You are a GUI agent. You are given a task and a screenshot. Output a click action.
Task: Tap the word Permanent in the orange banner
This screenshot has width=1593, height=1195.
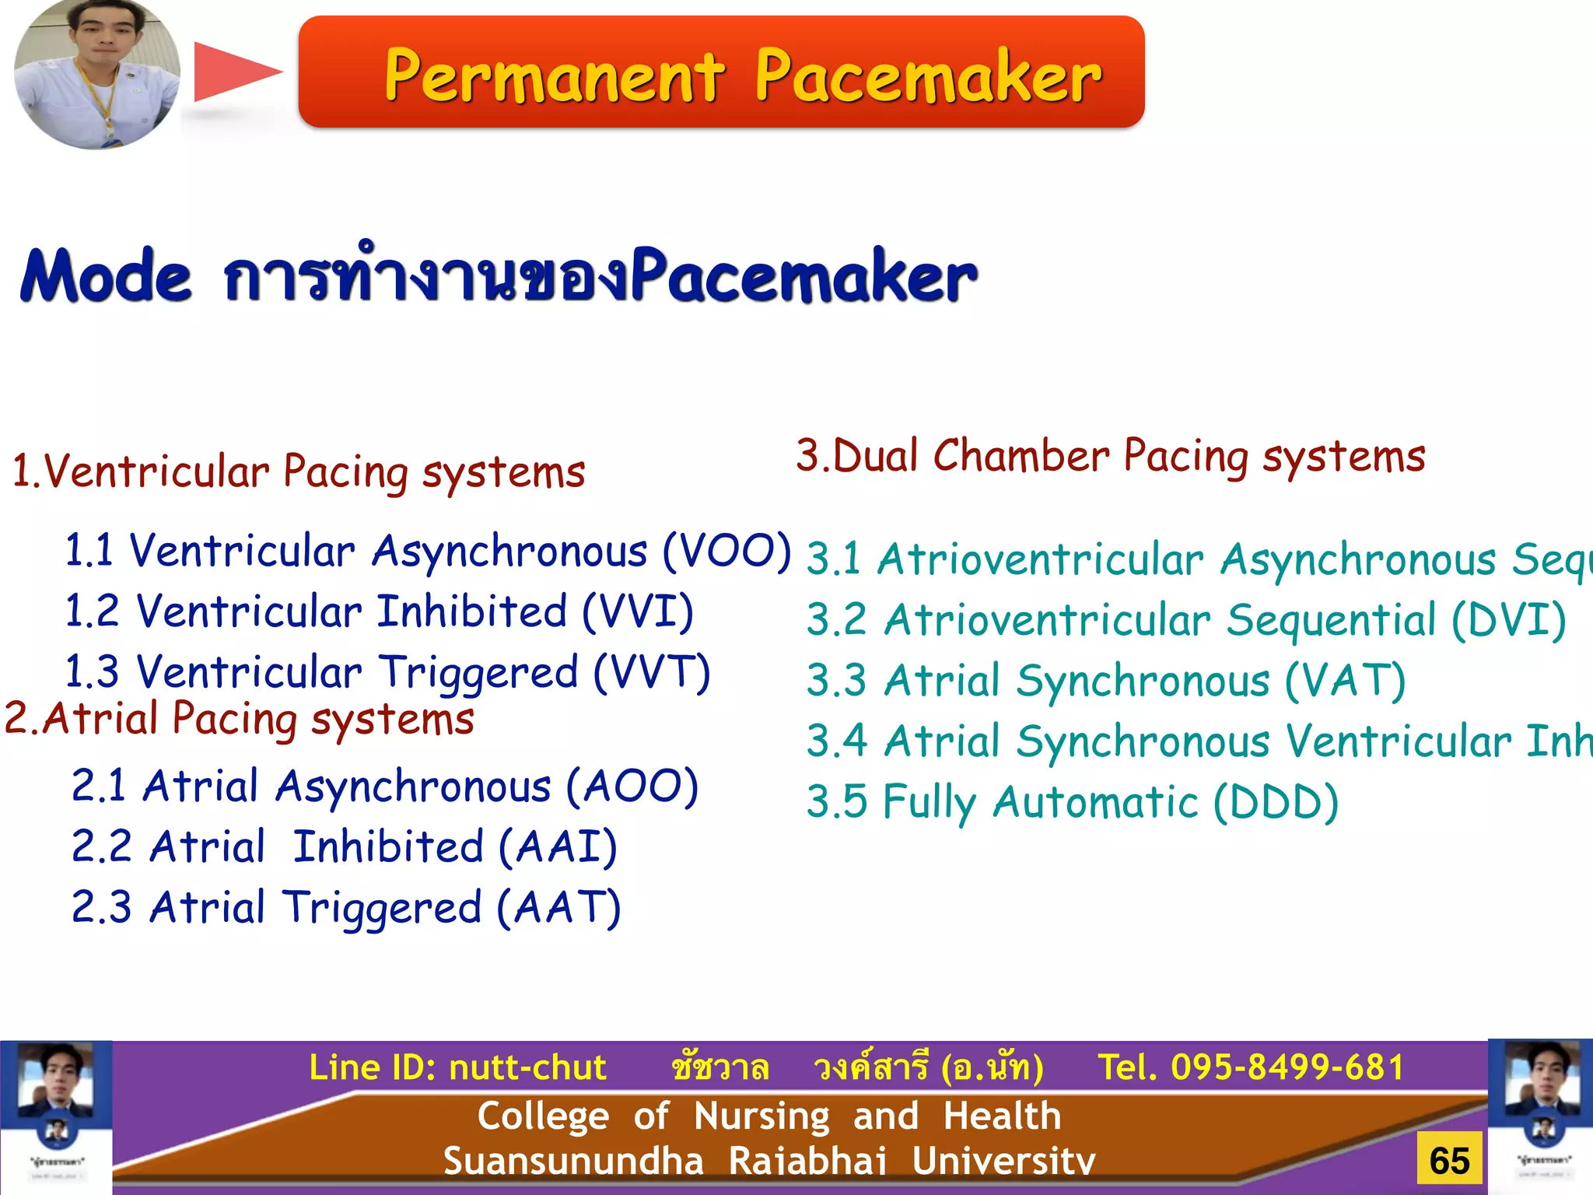coord(554,75)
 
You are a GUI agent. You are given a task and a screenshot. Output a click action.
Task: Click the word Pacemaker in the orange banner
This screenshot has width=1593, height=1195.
coord(927,75)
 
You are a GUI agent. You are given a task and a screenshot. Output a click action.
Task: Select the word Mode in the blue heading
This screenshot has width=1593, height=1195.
coord(106,276)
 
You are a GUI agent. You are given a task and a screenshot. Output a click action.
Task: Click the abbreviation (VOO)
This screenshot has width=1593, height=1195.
coord(726,552)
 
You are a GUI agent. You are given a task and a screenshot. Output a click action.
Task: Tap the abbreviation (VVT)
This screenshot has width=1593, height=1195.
coord(652,672)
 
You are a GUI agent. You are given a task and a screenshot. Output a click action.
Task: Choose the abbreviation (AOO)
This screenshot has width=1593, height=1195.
coord(632,787)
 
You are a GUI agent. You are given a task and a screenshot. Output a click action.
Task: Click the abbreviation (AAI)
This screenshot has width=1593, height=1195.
coord(558,847)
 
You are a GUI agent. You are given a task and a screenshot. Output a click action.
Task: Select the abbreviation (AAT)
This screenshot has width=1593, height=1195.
coord(558,908)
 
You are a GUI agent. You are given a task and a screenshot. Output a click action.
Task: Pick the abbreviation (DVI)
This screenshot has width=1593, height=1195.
coord(1509,620)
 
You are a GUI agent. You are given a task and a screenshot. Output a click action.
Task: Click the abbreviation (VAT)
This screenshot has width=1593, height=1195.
coord(1345,681)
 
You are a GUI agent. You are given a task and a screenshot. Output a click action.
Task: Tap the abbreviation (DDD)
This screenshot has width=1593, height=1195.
coord(1276,802)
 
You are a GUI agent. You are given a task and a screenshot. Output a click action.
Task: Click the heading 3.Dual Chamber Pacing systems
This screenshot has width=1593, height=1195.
coord(1110,456)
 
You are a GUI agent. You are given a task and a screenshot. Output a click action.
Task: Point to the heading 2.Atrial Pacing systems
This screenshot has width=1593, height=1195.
coord(240,718)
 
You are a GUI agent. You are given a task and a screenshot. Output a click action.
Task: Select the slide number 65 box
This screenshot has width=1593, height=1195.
coord(1449,1161)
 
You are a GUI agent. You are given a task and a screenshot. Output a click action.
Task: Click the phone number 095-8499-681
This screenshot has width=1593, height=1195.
coord(1287,1067)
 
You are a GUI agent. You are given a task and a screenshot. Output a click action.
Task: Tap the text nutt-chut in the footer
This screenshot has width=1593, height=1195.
coord(527,1067)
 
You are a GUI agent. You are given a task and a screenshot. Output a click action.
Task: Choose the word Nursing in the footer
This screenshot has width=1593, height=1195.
coord(761,1116)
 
